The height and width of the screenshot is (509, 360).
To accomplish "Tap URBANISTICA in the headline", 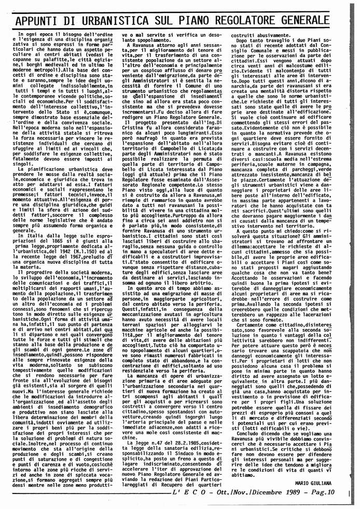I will [x=117, y=20].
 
